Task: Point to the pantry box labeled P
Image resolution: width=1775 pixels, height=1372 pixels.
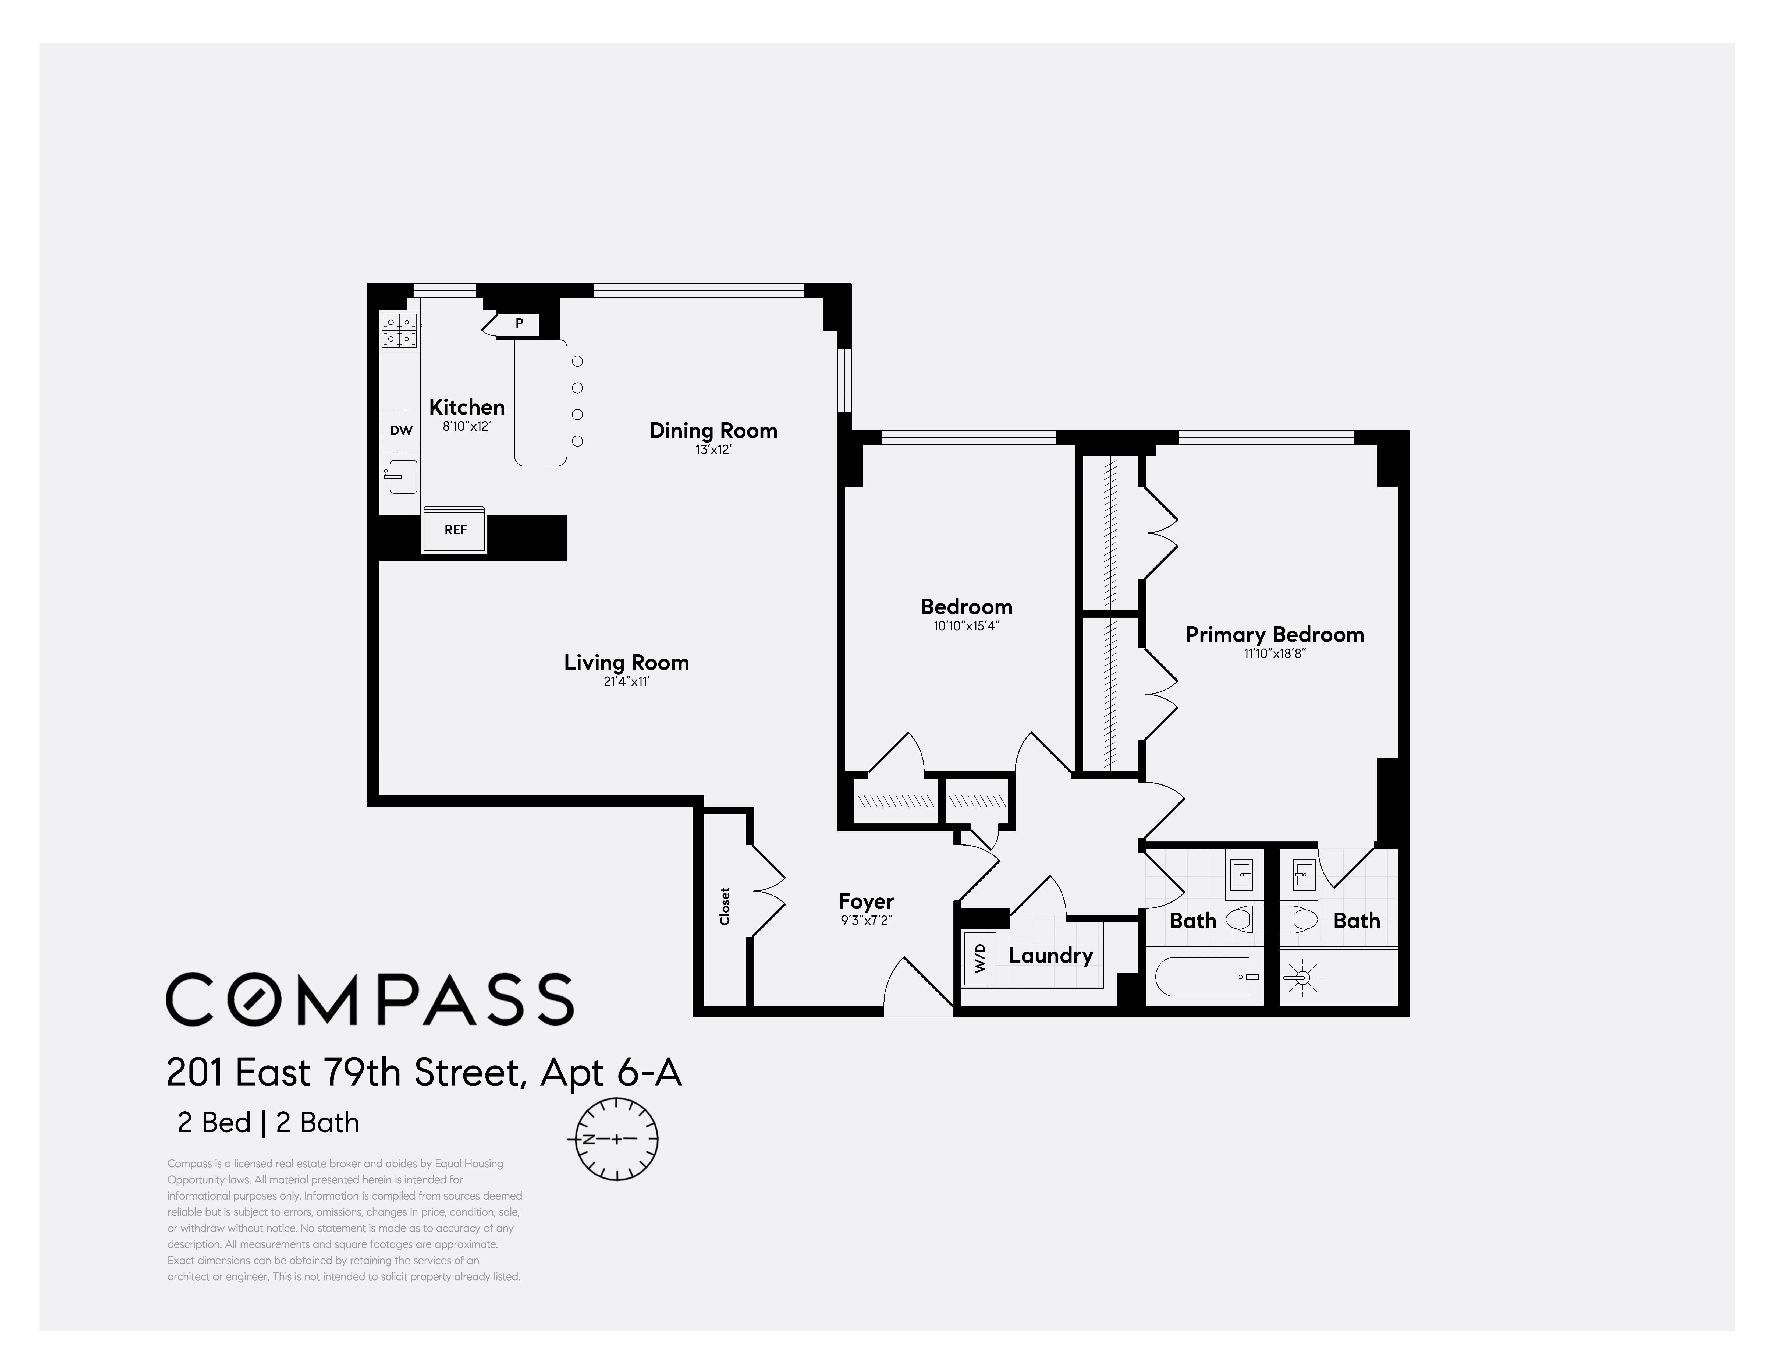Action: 519,323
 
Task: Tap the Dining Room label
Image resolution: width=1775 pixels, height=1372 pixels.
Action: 713,431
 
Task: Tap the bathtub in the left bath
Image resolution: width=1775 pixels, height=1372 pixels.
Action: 1205,977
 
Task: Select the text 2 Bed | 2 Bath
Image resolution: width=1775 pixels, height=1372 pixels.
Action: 268,1122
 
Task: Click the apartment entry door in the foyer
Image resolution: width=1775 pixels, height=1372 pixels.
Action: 918,988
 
